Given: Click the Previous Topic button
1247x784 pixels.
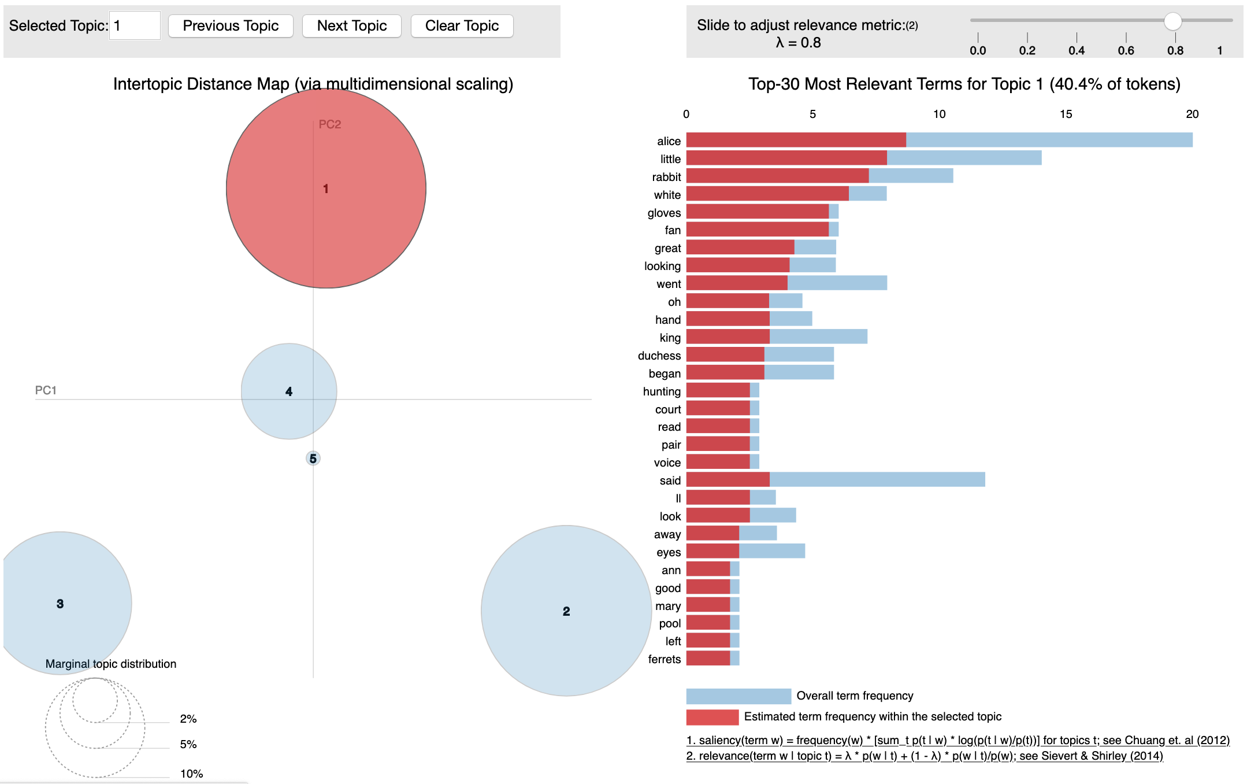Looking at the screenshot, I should point(231,26).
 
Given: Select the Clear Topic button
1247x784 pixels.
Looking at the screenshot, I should point(462,26).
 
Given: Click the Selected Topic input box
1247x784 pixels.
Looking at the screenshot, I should point(135,26).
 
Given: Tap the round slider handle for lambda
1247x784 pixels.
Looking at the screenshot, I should point(1172,21).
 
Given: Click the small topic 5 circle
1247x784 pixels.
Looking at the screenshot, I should point(313,458).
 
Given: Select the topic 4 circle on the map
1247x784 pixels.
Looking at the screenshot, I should point(289,391).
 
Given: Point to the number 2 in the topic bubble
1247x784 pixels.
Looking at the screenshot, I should point(566,611).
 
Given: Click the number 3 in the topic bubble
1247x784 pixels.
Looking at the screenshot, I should point(60,604).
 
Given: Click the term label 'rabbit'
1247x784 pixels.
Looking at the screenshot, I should point(666,177).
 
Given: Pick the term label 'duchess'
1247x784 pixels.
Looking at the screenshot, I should point(659,356).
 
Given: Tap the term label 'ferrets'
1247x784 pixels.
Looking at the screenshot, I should point(665,659).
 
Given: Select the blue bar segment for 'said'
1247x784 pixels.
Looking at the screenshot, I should point(877,479).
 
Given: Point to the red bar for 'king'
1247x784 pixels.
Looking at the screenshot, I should point(728,336).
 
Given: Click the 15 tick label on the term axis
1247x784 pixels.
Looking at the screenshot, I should point(1066,114).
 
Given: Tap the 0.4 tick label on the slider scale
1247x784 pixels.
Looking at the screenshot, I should point(1076,50).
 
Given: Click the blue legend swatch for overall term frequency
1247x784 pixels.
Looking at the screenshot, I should point(738,696).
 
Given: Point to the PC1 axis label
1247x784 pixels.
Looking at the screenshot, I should point(46,390).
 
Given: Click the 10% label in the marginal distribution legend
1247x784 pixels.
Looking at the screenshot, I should point(191,774).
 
